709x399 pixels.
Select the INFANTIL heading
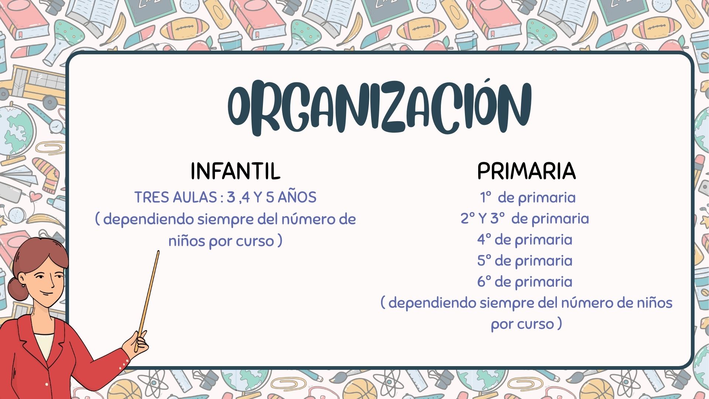[x=235, y=171]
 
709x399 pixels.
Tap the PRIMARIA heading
[x=526, y=171]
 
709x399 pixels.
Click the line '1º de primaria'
[x=528, y=198]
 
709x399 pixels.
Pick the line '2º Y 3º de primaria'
[x=525, y=219]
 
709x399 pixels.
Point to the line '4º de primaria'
[x=525, y=240]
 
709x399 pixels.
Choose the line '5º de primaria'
[x=525, y=261]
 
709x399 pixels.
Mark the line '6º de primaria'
[x=525, y=282]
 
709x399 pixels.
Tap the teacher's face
[x=44, y=281]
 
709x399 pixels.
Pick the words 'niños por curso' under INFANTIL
[x=221, y=241]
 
